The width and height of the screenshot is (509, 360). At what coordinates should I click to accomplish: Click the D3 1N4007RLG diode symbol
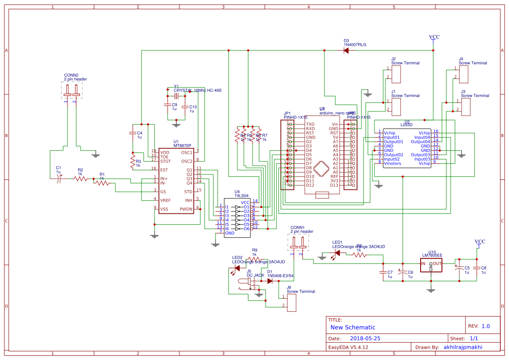[346, 50]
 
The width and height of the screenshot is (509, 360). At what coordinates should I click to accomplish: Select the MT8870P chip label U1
[176, 141]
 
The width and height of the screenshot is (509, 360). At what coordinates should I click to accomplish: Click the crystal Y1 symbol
[176, 96]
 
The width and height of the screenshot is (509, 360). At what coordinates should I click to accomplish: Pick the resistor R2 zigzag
[81, 178]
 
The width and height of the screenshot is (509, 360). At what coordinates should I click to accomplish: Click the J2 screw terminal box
[396, 74]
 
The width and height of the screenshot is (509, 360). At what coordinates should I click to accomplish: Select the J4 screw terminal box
[464, 74]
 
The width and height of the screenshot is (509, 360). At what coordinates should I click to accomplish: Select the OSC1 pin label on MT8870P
[187, 152]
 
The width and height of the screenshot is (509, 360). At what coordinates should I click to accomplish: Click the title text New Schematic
[352, 327]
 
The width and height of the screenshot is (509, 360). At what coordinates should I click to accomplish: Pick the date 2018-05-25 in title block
[365, 338]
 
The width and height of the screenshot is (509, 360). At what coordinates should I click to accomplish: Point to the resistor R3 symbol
[133, 162]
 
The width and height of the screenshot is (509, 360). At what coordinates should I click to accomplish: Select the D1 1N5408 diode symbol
[270, 281]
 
